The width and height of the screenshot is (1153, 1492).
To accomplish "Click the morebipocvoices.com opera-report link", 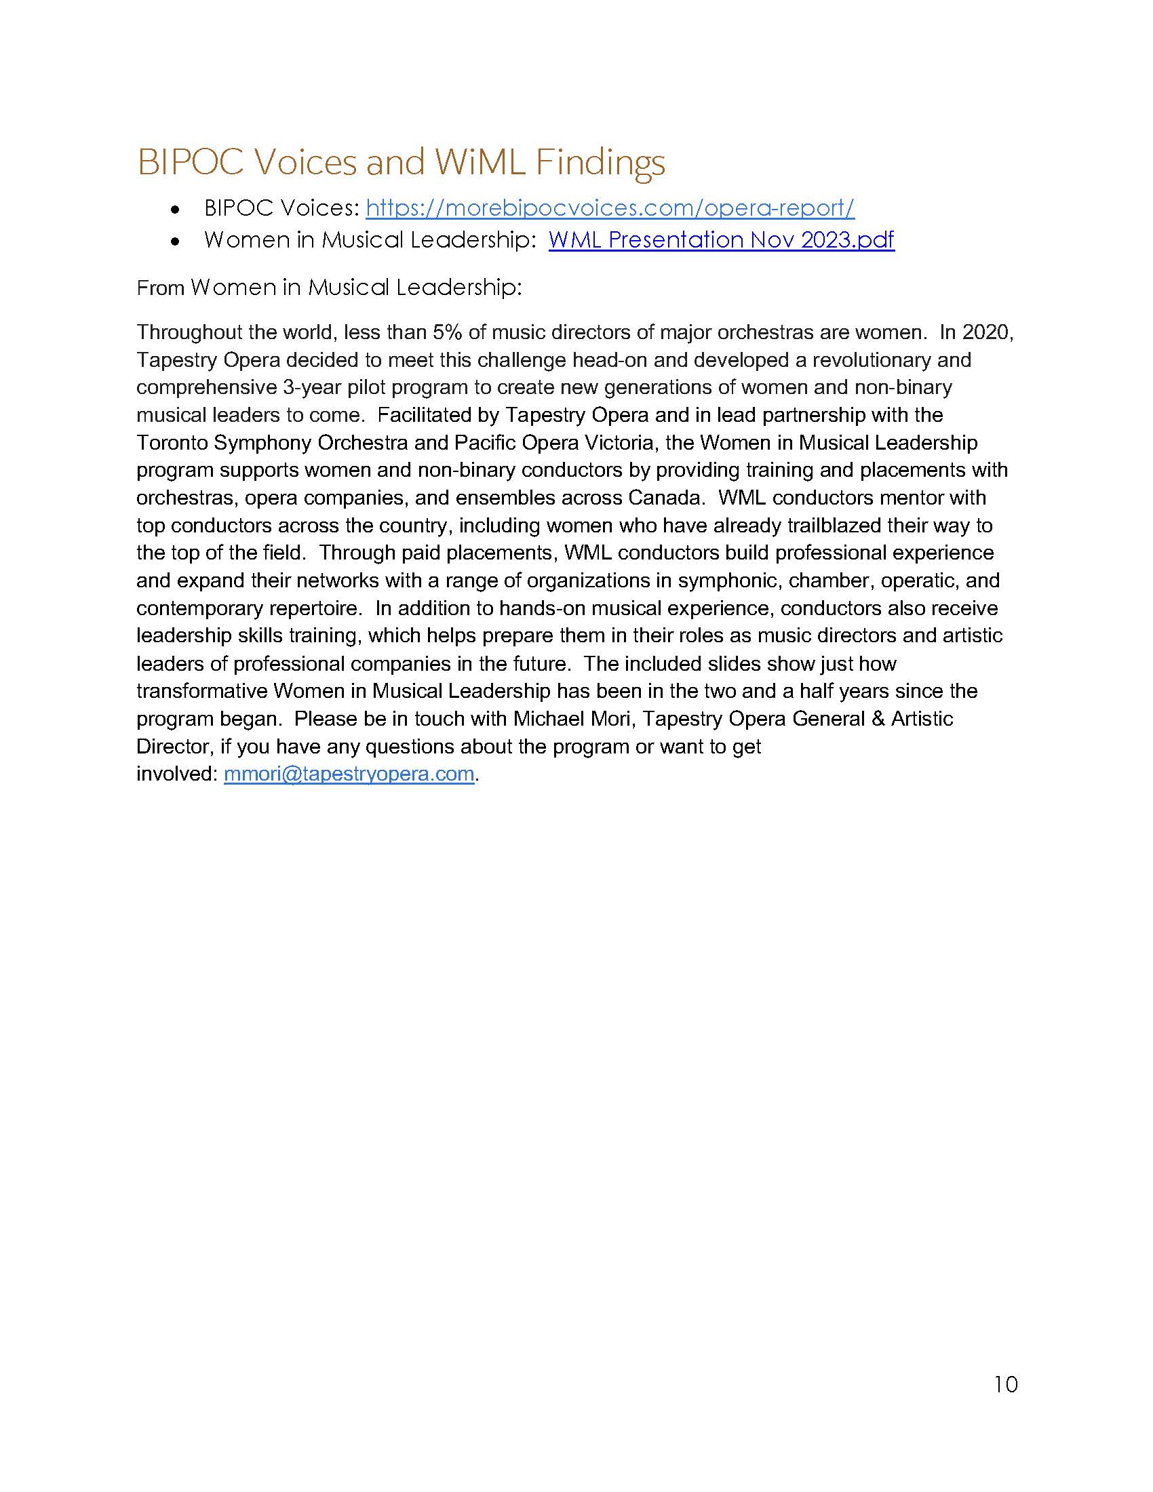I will click(x=609, y=208).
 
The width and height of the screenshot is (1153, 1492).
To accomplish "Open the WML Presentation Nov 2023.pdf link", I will click(x=720, y=240).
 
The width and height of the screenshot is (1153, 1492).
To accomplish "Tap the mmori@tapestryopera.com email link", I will click(x=349, y=774).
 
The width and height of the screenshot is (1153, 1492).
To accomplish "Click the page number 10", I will click(x=1005, y=1385).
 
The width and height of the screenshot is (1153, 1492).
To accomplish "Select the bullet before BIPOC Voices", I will click(x=176, y=210).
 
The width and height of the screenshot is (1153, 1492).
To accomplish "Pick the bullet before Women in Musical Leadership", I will click(x=176, y=241).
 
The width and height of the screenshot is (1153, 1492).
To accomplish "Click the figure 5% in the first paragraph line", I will click(x=448, y=333).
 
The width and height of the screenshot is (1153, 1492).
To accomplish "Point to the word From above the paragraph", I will click(x=161, y=288).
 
